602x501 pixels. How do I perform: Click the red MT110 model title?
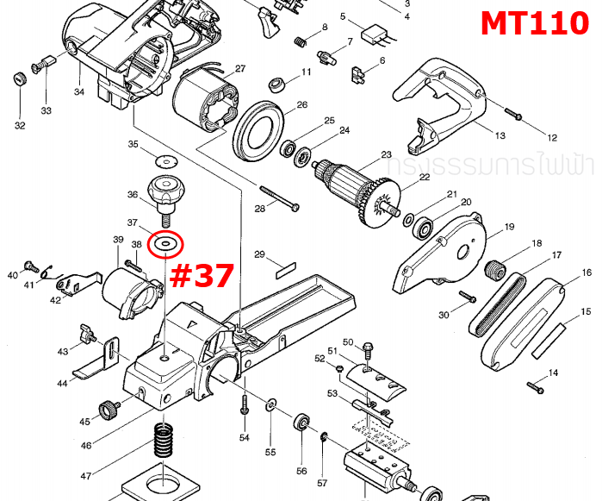(534, 23)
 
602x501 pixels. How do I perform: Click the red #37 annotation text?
(202, 276)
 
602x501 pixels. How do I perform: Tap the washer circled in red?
(164, 245)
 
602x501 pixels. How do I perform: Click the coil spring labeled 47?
(163, 443)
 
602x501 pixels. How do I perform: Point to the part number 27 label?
(240, 69)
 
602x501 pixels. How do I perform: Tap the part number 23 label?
(387, 156)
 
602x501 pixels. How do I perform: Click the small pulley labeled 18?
(496, 269)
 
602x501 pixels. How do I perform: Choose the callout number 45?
(84, 422)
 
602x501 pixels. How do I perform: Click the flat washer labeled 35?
(162, 160)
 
